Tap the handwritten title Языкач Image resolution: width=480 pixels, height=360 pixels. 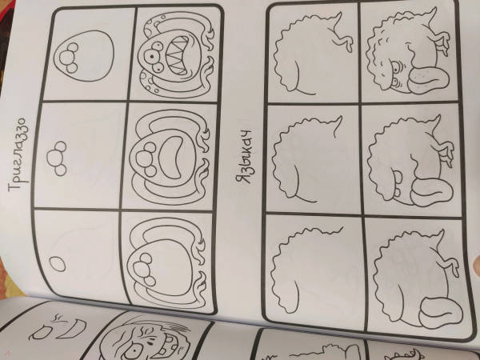[x=244, y=156]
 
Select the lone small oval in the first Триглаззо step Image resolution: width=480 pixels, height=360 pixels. [x=58, y=264]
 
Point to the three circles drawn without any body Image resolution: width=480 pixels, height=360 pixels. [x=57, y=158]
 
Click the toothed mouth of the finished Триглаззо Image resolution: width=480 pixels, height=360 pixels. [x=178, y=55]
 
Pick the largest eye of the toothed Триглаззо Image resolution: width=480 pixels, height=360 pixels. [x=152, y=57]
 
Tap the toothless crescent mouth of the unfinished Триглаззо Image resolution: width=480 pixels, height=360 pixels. [x=172, y=158]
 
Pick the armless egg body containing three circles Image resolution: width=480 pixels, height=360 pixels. [x=84, y=56]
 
